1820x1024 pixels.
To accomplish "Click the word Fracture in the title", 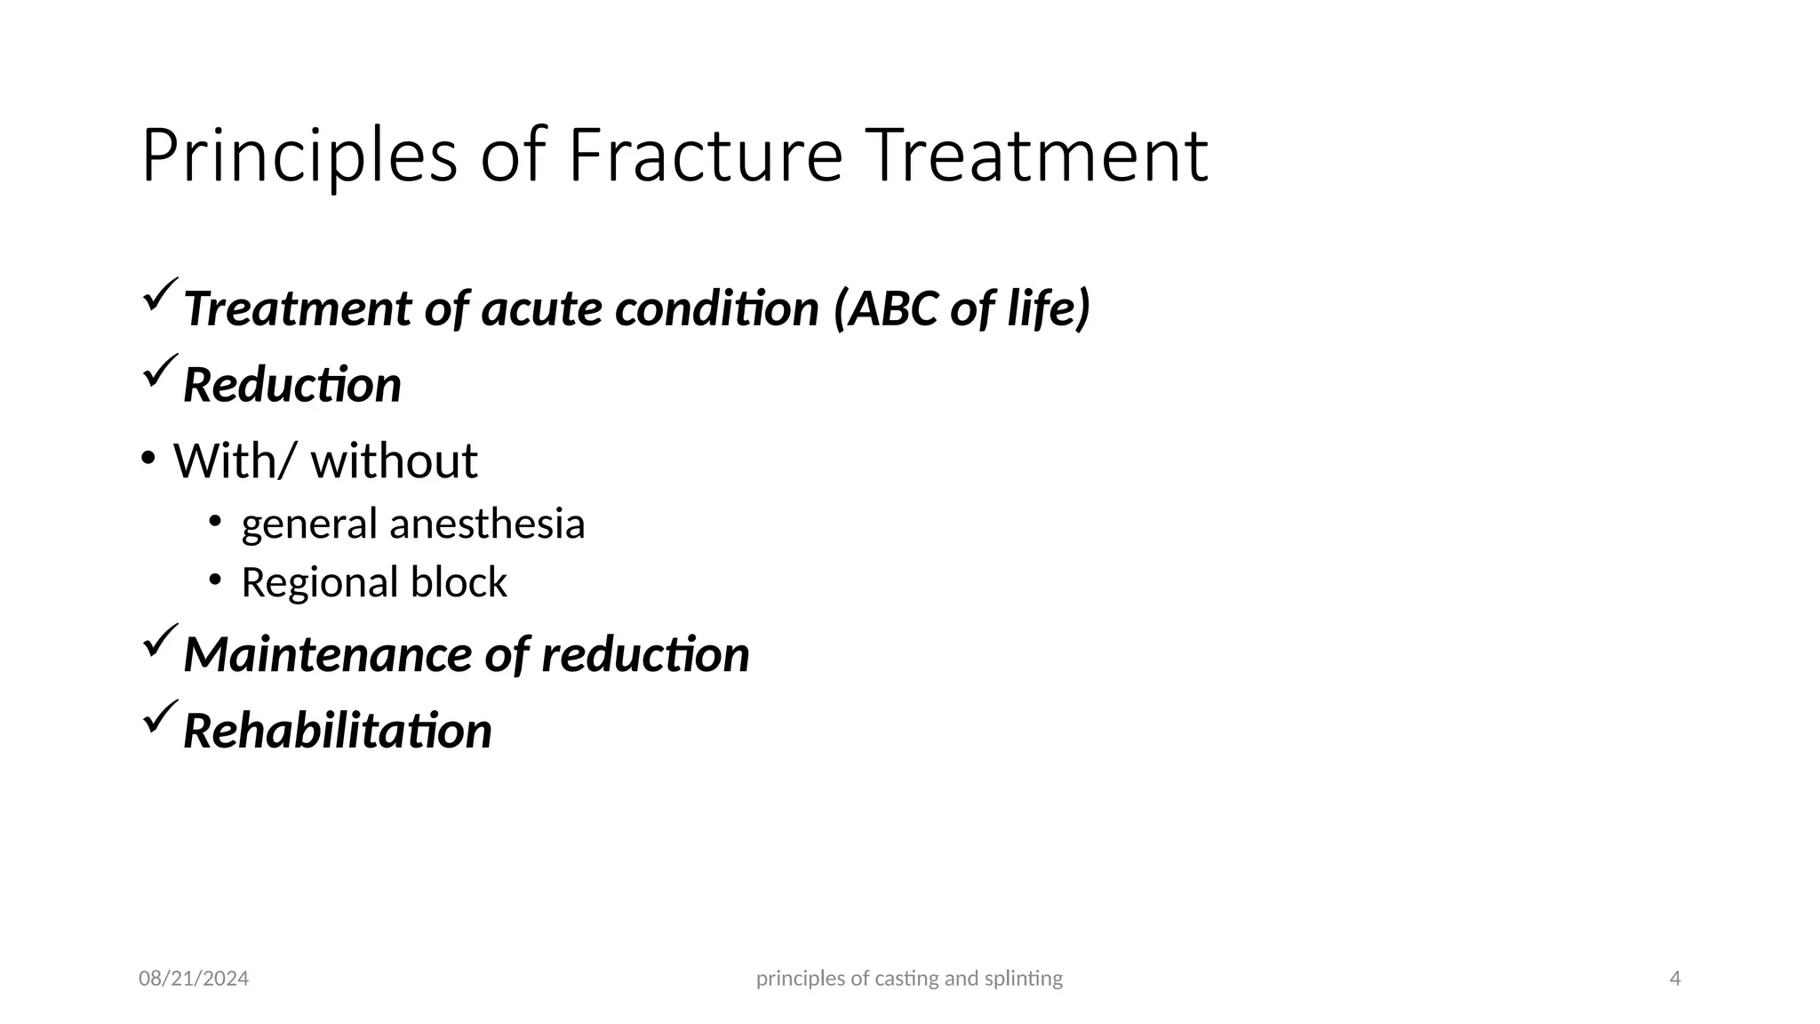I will tap(705, 156).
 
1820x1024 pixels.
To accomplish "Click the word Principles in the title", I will tap(299, 156).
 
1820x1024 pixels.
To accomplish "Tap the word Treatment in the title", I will tap(1036, 156).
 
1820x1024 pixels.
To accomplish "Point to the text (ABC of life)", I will tap(962, 308).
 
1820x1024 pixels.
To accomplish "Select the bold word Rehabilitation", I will tap(337, 732).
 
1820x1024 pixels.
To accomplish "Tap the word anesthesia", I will tap(487, 524).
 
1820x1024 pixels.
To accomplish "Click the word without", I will tap(394, 461).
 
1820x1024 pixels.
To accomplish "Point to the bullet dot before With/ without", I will tap(148, 460).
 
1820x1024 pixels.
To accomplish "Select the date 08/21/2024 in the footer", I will tap(194, 979).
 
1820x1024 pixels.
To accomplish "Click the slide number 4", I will tap(1675, 979).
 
